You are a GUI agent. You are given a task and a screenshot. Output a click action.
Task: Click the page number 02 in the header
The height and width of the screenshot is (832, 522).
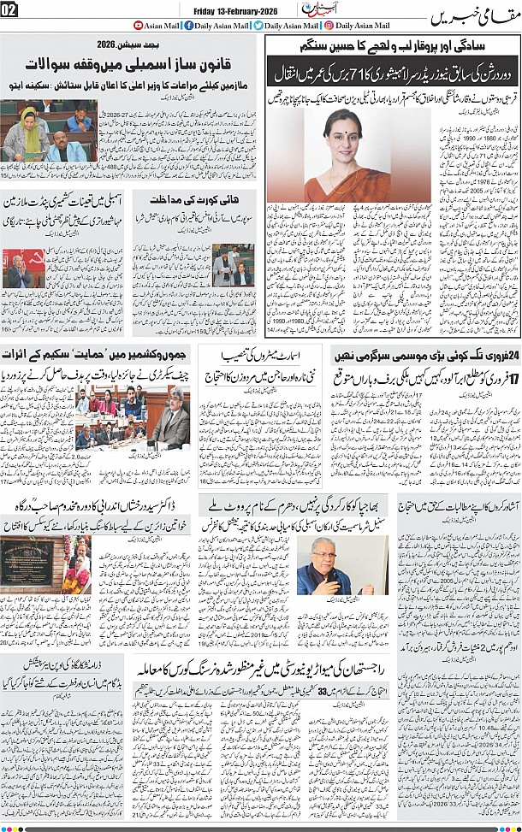pyautogui.click(x=10, y=9)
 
